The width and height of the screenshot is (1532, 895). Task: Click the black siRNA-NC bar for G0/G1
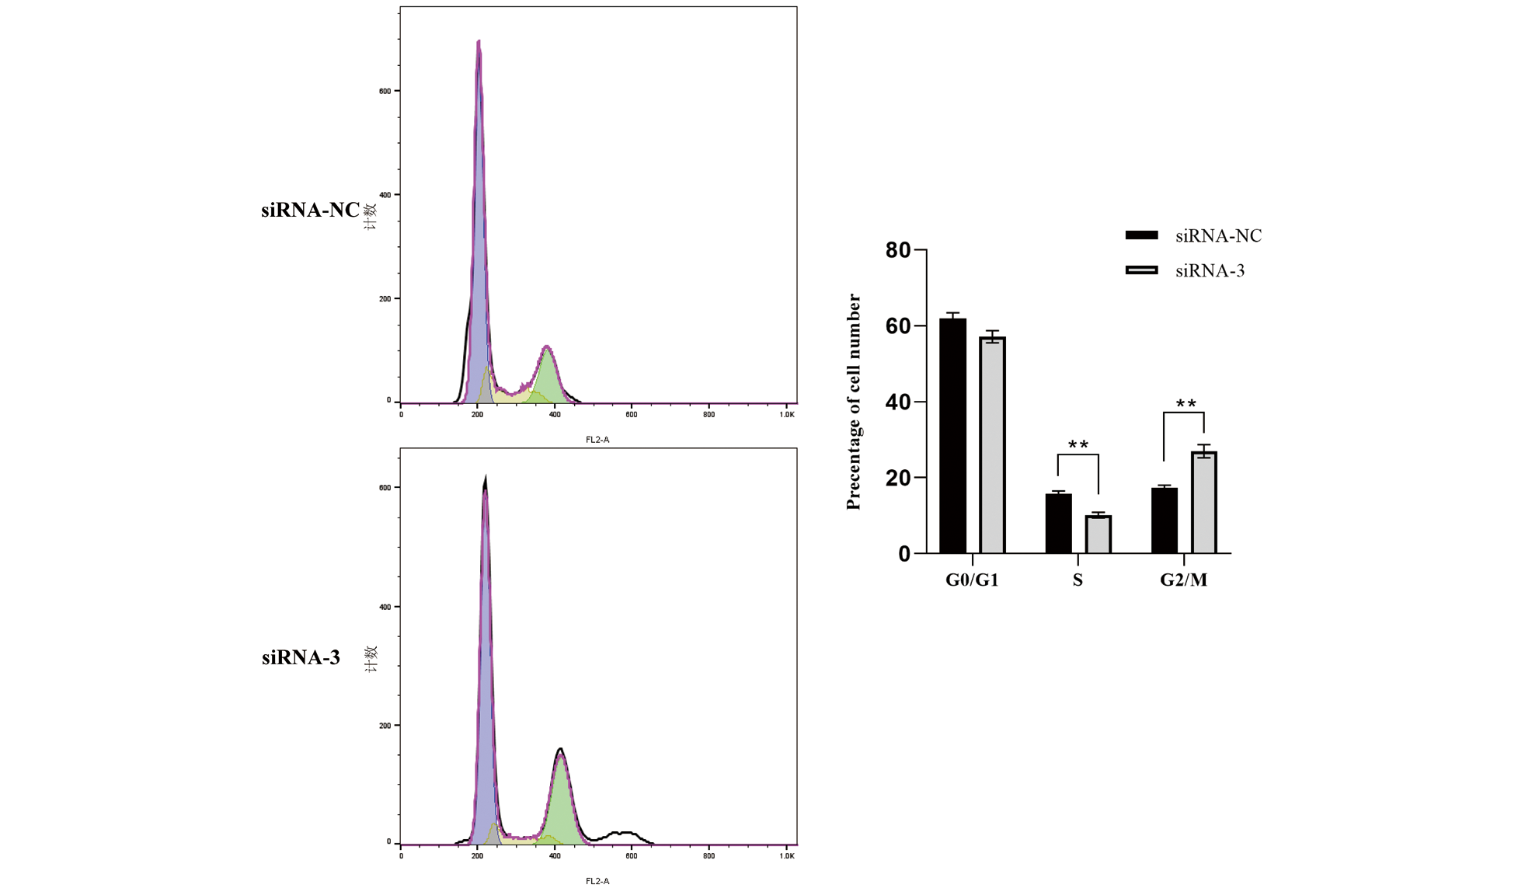(952, 436)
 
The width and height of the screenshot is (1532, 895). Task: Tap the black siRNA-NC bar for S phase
(1058, 524)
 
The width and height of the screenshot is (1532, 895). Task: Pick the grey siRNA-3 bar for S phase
(1098, 535)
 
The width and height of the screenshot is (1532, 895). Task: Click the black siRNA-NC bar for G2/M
(1164, 521)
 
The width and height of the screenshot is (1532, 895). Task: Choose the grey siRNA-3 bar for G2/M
(1203, 503)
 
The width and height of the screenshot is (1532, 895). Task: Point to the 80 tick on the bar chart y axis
(898, 250)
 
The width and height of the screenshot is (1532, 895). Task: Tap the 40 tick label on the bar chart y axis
(898, 402)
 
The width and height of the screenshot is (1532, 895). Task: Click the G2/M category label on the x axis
(1183, 580)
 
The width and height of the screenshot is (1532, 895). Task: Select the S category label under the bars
(1078, 580)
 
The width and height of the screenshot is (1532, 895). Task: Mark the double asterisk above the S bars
(1078, 445)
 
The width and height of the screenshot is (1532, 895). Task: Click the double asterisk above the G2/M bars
(1186, 404)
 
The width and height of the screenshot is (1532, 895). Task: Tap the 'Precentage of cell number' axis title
(854, 402)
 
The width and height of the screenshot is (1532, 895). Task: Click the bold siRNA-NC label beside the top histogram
(310, 210)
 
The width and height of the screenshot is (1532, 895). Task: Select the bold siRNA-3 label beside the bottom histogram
(301, 657)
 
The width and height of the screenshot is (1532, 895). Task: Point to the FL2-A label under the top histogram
(597, 440)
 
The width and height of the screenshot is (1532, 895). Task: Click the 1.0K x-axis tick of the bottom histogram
(787, 856)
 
